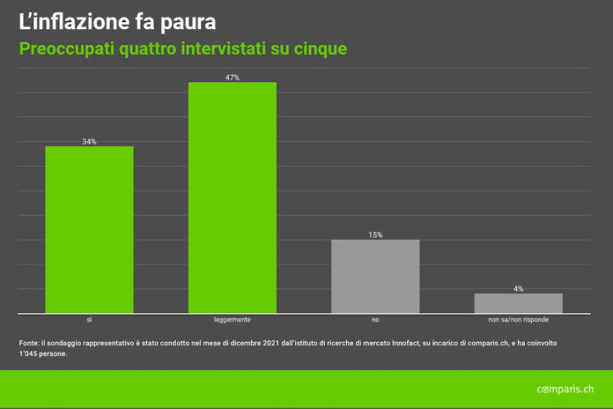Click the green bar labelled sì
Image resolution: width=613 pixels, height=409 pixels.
[89, 229]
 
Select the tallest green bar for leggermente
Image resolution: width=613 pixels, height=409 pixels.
[233, 197]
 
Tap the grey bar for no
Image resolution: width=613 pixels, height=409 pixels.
[375, 276]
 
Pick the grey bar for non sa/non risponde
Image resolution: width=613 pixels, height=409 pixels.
[518, 302]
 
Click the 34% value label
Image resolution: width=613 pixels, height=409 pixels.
[89, 141]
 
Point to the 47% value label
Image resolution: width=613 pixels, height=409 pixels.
[233, 78]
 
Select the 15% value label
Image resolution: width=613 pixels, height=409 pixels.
[375, 234]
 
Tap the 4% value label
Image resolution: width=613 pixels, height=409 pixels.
[518, 288]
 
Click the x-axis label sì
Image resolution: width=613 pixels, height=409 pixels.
[89, 320]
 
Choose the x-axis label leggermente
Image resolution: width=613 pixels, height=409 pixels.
[233, 320]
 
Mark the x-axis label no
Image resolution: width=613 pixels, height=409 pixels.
[375, 320]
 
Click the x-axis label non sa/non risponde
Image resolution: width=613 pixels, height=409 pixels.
[518, 320]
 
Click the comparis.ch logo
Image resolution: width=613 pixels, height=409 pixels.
[565, 389]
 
